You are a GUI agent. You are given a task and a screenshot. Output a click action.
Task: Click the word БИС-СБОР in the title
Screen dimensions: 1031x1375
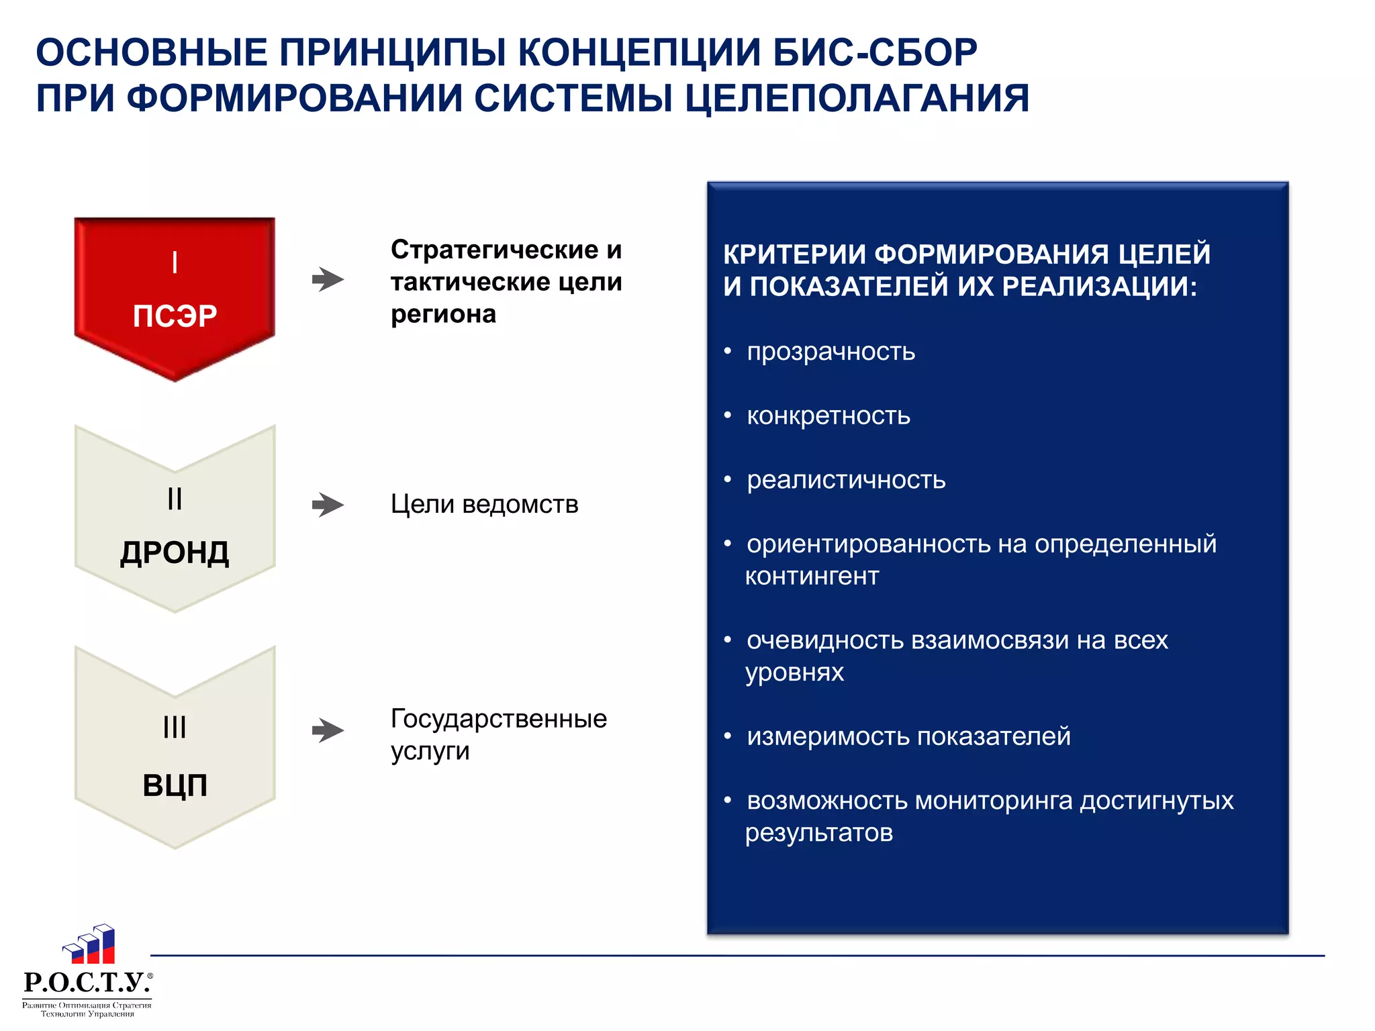[874, 52]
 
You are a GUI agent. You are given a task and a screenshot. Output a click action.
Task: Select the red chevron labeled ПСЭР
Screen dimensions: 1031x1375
[175, 295]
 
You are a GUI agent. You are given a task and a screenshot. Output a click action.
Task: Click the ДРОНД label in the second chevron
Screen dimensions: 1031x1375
[175, 553]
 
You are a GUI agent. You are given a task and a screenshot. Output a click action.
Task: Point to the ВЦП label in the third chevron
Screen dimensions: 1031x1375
[175, 785]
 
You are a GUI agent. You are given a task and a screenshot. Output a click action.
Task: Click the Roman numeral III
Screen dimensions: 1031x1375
[175, 727]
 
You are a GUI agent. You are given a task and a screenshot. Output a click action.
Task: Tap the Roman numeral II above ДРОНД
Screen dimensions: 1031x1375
[175, 499]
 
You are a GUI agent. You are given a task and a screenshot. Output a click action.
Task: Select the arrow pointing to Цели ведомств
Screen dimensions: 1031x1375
[328, 505]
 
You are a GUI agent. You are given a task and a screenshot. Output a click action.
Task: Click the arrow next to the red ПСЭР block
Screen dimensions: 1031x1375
[328, 279]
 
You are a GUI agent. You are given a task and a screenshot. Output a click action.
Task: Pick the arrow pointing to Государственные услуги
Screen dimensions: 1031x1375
[328, 730]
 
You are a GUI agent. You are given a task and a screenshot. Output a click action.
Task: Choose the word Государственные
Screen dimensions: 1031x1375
[498, 719]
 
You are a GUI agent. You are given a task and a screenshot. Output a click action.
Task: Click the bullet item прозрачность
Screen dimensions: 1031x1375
[831, 352]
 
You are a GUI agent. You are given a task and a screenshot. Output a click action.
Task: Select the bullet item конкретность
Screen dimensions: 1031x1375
[828, 416]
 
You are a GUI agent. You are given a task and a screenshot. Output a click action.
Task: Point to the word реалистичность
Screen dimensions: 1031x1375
[846, 480]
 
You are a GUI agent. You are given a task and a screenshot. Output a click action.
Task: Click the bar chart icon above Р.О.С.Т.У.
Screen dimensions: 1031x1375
[89, 944]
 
